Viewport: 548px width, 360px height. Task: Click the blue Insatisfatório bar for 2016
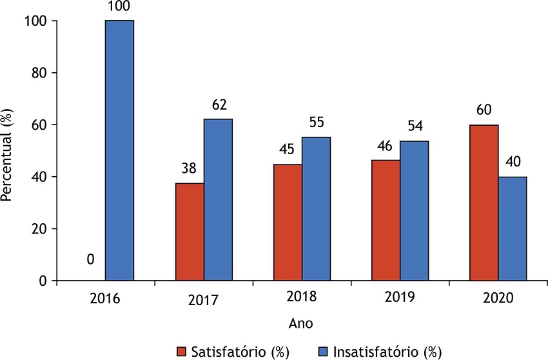tap(119, 151)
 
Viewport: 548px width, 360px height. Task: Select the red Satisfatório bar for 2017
tap(190, 232)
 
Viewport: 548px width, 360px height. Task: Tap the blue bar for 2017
tap(218, 200)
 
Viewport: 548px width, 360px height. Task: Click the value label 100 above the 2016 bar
tap(119, 8)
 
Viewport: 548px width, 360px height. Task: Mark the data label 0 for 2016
tap(91, 259)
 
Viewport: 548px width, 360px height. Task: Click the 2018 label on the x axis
tap(302, 298)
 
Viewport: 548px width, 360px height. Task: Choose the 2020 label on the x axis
tap(498, 298)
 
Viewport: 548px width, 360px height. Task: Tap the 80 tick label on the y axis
tap(40, 73)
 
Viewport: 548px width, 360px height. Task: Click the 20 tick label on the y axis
tap(40, 229)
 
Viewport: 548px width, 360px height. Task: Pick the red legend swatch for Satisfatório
tap(184, 352)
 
